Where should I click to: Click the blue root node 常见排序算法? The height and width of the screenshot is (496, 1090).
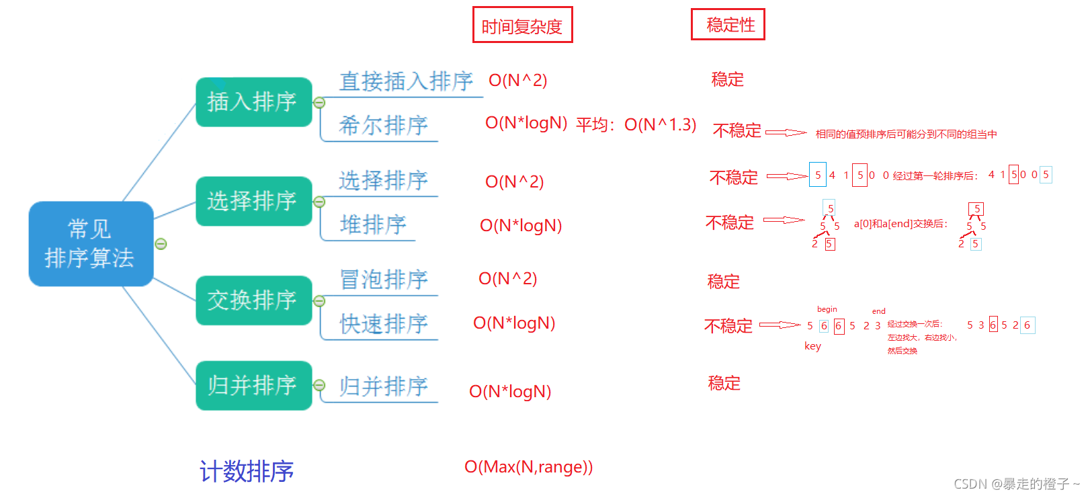pos(91,243)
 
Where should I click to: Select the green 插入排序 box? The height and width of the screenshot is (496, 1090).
pos(253,102)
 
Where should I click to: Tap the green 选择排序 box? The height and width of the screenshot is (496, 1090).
pos(253,201)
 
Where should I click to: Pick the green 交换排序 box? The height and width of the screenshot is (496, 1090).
pos(253,300)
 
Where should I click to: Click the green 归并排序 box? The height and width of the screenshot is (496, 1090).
pos(253,385)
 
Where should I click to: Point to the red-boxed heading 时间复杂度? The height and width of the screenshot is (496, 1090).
pos(522,26)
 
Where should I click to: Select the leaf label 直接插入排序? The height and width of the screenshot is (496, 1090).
pos(406,81)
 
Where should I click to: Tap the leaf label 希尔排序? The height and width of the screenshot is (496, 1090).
pos(383,125)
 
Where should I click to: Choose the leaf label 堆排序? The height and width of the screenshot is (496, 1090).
pos(373,224)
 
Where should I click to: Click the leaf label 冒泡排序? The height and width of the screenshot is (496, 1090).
pos(383,279)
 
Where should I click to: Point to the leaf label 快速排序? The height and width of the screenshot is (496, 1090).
pos(383,323)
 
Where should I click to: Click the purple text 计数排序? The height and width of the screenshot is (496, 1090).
pos(247,471)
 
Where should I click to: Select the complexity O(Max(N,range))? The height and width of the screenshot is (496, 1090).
pos(528,467)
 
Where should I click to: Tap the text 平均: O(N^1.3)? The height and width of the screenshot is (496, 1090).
pos(636,125)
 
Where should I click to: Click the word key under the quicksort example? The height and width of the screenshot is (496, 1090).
pos(812,346)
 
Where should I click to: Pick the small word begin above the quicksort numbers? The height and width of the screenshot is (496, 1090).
pos(827,309)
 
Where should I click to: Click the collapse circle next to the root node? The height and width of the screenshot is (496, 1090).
pos(161,244)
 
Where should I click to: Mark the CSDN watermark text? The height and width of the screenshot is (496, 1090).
pos(1015,484)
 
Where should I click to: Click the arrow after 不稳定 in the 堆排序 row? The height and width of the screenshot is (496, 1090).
pos(784,220)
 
